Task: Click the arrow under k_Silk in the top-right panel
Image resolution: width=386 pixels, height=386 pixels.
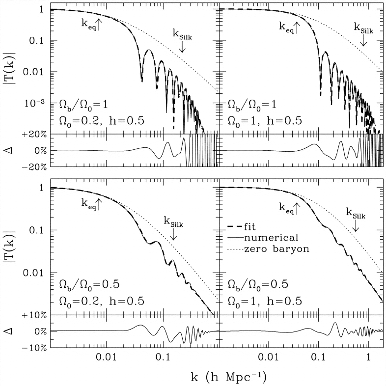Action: pyautogui.click(x=363, y=42)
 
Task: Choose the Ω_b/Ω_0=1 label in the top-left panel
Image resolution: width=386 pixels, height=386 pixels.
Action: pyautogui.click(x=81, y=104)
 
